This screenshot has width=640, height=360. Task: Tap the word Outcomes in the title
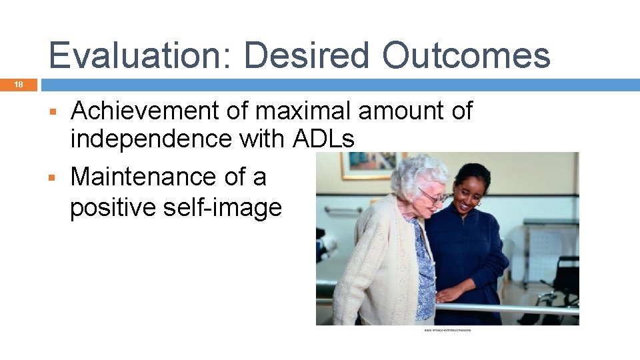[x=466, y=55]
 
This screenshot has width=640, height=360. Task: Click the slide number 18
[x=19, y=85]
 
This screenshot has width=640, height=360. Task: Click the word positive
[x=112, y=207]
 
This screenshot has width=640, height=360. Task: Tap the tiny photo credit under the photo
[x=447, y=329]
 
